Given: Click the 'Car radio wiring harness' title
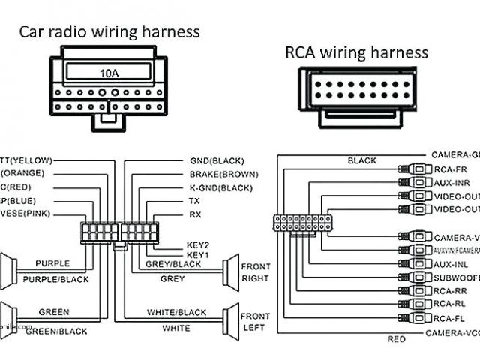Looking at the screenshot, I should [x=109, y=31].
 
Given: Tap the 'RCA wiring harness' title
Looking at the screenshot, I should [x=356, y=52].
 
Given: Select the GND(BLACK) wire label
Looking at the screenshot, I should [x=217, y=160].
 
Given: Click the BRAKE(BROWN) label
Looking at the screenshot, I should [x=223, y=174].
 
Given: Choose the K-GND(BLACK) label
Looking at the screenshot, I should [x=221, y=187].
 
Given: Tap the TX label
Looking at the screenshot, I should [x=194, y=201].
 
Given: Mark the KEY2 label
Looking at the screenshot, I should [x=197, y=245].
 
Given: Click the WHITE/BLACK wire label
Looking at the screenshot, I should [x=176, y=312].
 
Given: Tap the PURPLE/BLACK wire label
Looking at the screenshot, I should [x=55, y=279].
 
